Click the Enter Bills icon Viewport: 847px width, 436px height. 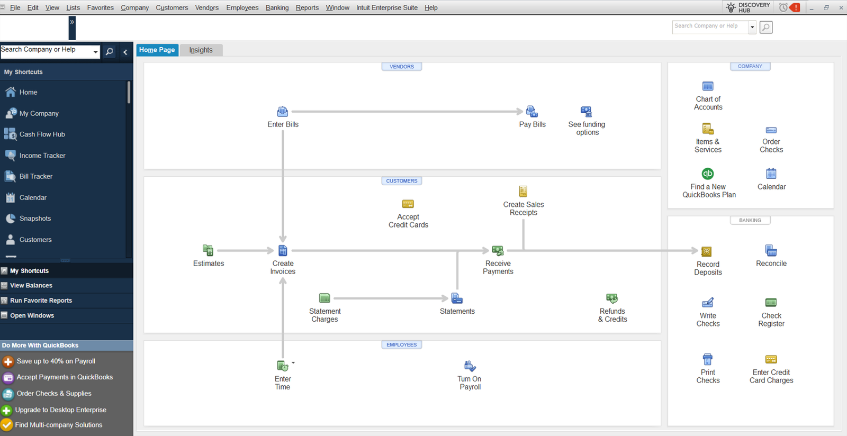pyautogui.click(x=283, y=112)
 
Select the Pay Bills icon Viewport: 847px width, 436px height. pyautogui.click(x=532, y=112)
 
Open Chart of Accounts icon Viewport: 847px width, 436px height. pyautogui.click(x=708, y=86)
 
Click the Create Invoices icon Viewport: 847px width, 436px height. pyautogui.click(x=283, y=250)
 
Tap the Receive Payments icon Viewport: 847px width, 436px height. pyautogui.click(x=498, y=250)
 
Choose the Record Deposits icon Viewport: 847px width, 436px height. pyautogui.click(x=706, y=252)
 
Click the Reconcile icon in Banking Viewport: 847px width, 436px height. pyautogui.click(x=771, y=250)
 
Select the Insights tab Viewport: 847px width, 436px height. pyautogui.click(x=201, y=50)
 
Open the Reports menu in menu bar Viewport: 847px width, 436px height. pyautogui.click(x=307, y=7)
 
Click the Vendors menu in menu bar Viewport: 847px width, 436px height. pyautogui.click(x=207, y=7)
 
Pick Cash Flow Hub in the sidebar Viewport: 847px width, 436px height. pyautogui.click(x=42, y=134)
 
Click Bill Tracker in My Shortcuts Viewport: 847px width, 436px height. pyautogui.click(x=36, y=176)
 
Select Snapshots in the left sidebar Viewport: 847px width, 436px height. pyautogui.click(x=35, y=219)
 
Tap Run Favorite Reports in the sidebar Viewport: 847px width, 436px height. pyautogui.click(x=41, y=301)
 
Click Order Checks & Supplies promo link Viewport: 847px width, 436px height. pyautogui.click(x=54, y=393)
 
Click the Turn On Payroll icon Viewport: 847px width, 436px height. pyautogui.click(x=470, y=366)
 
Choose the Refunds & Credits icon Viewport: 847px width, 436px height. pyautogui.click(x=612, y=298)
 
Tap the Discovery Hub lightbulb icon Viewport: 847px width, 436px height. pyautogui.click(x=731, y=7)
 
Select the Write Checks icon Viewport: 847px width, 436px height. pyautogui.click(x=707, y=303)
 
